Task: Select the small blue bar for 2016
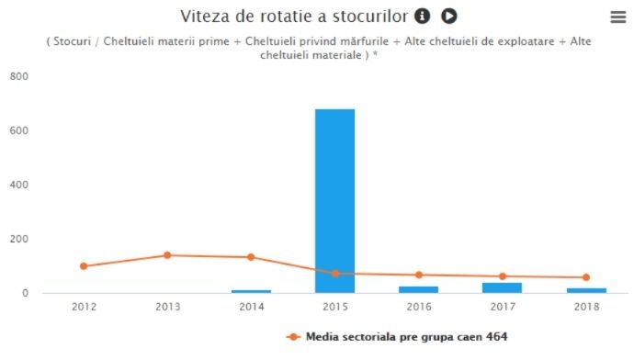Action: tap(418, 289)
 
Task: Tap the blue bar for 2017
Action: tap(503, 287)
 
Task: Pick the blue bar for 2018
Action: tap(586, 290)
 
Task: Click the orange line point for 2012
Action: tap(84, 266)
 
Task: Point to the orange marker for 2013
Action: tap(167, 255)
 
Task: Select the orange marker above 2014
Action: tap(251, 257)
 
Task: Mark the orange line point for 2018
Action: tap(586, 277)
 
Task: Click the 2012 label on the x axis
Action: tap(84, 307)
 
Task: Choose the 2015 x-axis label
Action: tap(334, 307)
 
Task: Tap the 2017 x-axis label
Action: tap(503, 307)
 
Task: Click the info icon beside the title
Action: tap(423, 16)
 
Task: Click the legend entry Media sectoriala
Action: tap(405, 337)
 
